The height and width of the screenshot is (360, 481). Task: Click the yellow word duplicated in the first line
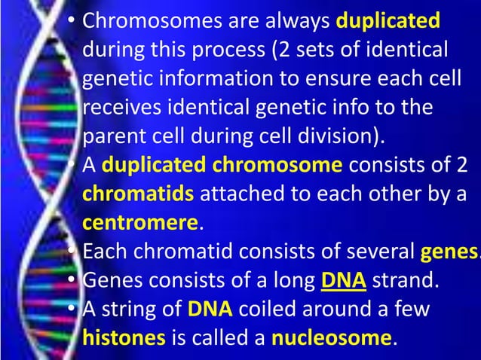(x=388, y=20)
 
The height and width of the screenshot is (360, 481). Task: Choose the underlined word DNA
(x=343, y=282)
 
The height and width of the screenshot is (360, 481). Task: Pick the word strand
(x=406, y=282)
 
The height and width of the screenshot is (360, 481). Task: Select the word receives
(x=121, y=108)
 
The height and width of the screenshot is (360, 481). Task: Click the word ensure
(x=337, y=79)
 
